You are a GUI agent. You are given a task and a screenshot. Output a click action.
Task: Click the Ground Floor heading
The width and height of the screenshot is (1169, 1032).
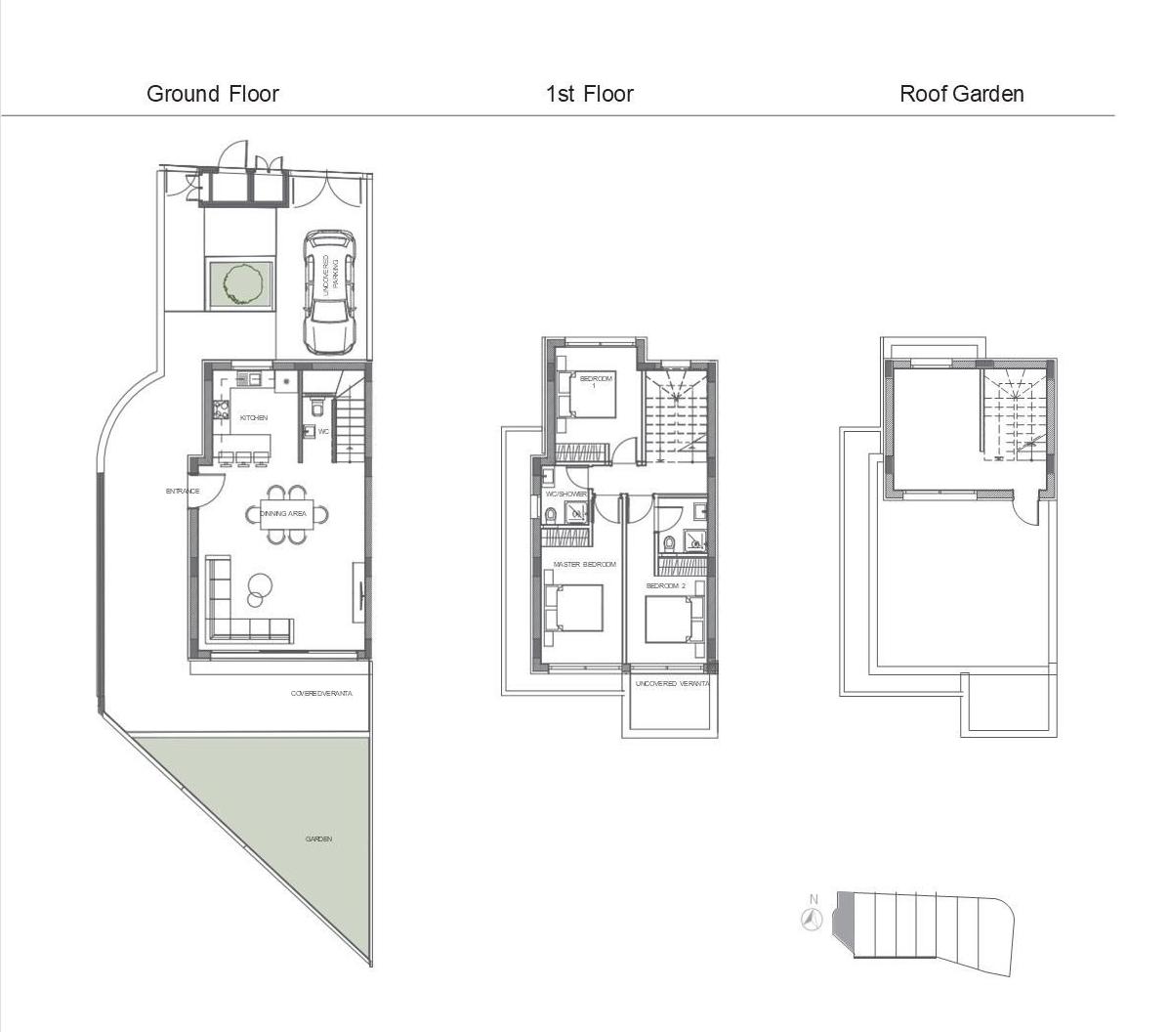tap(212, 94)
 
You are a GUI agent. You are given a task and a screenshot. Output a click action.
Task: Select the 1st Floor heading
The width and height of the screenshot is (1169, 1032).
tap(589, 94)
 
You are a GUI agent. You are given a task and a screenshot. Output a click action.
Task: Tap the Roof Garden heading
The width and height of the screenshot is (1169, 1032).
tap(961, 94)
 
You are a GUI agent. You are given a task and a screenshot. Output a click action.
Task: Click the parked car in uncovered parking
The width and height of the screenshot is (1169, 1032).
tap(328, 290)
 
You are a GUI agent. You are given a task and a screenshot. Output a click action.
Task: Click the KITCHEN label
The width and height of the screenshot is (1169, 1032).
tap(253, 418)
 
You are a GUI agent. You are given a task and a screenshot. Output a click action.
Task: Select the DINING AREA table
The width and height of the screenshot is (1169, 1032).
tap(287, 514)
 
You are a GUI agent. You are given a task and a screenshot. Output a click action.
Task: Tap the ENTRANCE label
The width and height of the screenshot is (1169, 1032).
tap(183, 492)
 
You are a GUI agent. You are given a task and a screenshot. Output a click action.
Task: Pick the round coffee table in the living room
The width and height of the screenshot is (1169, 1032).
tap(260, 585)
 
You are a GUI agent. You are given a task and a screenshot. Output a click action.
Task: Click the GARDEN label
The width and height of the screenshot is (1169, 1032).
tap(318, 838)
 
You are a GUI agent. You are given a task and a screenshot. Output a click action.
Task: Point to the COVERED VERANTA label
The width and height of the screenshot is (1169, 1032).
tap(321, 694)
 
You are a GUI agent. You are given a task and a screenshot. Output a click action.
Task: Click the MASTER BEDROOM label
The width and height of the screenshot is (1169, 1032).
tap(584, 565)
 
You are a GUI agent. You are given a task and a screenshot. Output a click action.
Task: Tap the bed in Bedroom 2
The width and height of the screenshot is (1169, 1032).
tap(672, 619)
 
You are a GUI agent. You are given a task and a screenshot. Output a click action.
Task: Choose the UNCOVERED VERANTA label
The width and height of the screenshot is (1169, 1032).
tap(672, 684)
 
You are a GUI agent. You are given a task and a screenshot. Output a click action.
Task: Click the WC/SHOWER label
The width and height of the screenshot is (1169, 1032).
tap(565, 494)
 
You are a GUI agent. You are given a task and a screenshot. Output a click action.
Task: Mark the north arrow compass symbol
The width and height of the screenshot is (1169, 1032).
tap(812, 919)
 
